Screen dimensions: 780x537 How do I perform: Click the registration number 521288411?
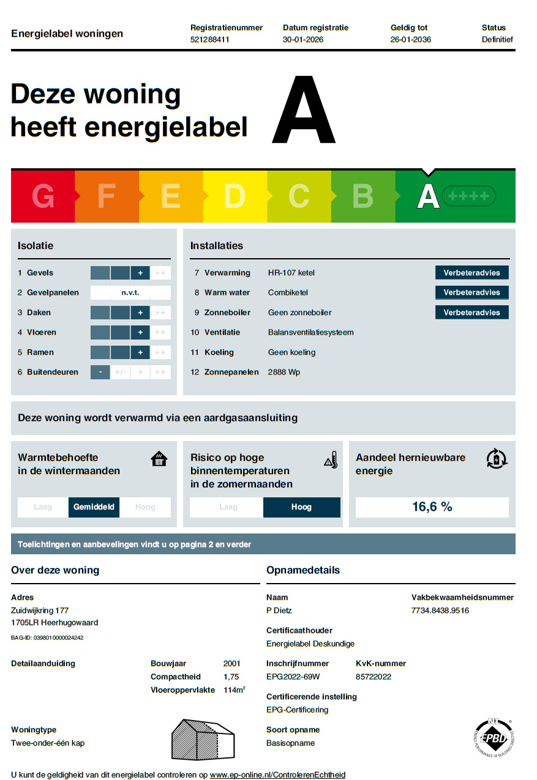tap(209, 40)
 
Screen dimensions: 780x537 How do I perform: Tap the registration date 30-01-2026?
tap(302, 40)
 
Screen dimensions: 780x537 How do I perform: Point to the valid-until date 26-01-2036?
tap(410, 40)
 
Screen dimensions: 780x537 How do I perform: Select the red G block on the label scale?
tap(43, 196)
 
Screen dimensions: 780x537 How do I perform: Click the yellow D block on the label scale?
tap(235, 196)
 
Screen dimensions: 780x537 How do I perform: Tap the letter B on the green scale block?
tap(363, 196)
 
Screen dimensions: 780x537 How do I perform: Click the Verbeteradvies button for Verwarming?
tap(471, 273)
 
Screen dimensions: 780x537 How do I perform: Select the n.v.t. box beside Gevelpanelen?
tap(130, 293)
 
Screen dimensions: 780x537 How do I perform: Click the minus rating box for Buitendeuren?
tap(100, 372)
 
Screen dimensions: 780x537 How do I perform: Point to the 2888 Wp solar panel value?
tap(284, 372)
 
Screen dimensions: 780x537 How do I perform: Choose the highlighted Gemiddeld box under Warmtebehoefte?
tap(94, 507)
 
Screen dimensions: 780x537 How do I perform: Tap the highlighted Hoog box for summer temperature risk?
tap(301, 507)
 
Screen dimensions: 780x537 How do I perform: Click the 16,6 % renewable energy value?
tap(432, 507)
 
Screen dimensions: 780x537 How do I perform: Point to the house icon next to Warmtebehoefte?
tap(159, 459)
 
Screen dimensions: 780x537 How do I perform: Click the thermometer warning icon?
tap(331, 460)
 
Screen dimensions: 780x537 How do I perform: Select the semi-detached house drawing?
tap(202, 738)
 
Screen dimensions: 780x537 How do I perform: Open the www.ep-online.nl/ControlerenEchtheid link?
tap(277, 774)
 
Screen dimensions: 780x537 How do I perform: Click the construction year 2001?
tap(232, 664)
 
